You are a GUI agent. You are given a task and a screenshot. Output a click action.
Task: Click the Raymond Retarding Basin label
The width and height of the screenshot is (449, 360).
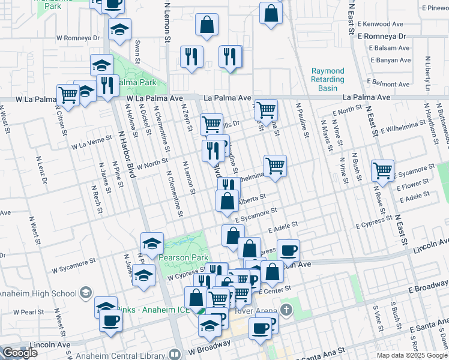point(328,79)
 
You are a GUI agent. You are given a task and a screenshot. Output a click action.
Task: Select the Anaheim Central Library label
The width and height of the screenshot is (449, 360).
point(130,354)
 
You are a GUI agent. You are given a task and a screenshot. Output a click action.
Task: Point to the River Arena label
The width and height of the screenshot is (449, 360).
point(250,311)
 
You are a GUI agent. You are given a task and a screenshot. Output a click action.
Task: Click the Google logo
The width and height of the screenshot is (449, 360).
point(20,353)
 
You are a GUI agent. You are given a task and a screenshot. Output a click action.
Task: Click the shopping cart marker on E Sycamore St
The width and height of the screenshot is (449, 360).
point(382,170)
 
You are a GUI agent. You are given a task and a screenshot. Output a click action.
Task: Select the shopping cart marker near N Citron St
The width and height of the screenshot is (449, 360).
point(68,94)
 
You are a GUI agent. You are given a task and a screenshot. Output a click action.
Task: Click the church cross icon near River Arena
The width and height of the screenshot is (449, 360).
point(287,311)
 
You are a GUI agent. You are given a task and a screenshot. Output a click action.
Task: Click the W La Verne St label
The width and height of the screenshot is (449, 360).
point(92,142)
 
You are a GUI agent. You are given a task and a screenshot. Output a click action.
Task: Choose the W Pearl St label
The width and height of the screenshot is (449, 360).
point(22,312)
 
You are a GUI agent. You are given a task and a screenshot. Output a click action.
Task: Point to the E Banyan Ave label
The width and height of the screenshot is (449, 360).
point(391,61)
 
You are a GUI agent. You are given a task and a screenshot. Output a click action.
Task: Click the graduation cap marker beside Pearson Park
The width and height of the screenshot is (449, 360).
point(152,243)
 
